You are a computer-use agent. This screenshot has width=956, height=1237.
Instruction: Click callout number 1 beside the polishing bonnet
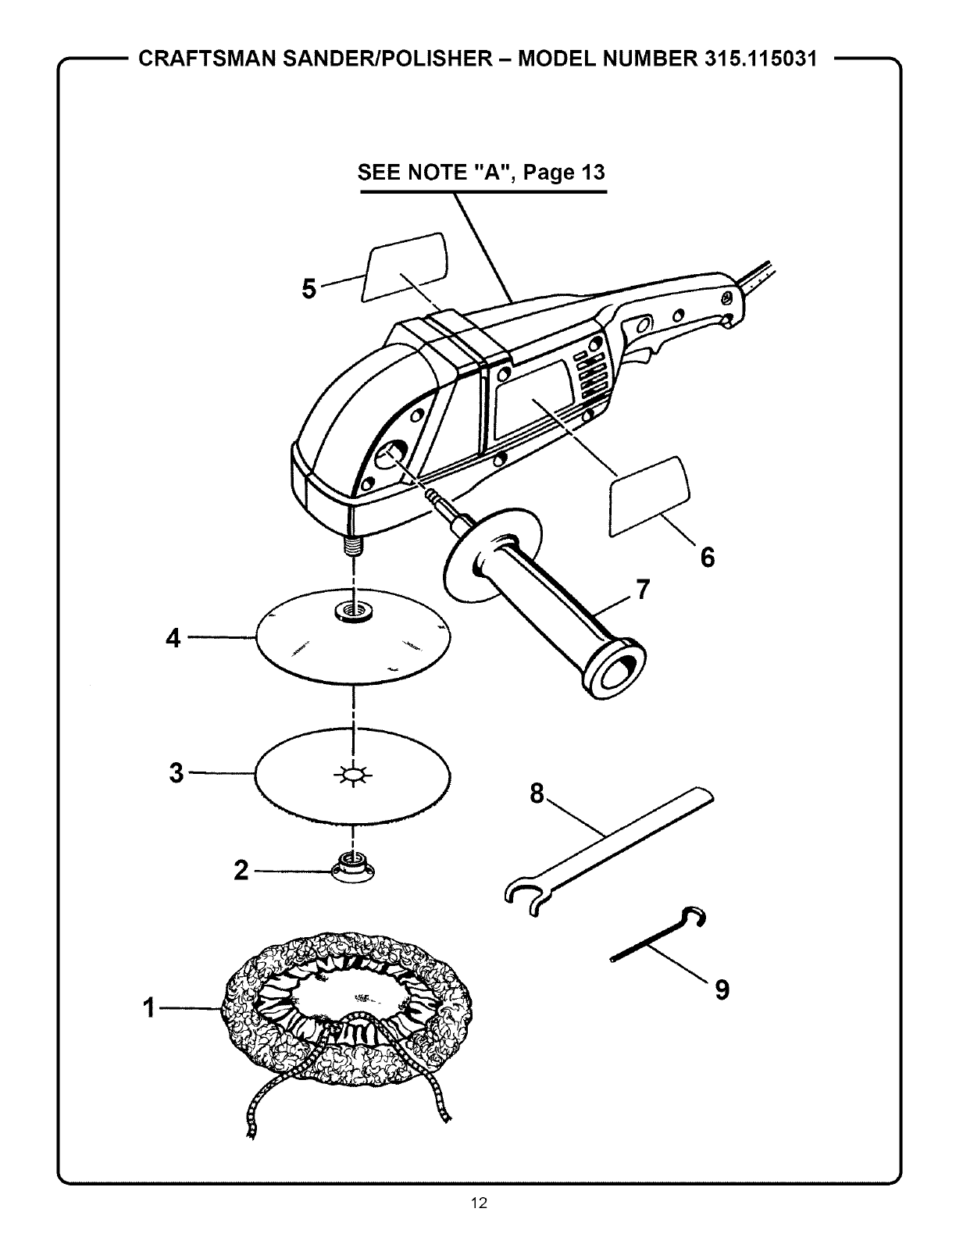149,1010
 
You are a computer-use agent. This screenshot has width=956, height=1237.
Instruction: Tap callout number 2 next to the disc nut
241,870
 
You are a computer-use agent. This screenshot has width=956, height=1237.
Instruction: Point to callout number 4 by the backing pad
173,638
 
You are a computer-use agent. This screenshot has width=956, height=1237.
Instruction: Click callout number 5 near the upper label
310,289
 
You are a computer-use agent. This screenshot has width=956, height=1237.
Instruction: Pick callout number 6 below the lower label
707,558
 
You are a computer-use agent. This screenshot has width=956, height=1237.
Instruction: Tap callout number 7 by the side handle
642,590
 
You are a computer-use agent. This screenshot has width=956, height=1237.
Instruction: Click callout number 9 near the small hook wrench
722,990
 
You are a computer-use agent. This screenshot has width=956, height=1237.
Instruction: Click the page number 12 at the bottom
479,1203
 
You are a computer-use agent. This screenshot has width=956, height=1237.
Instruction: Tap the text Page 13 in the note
564,172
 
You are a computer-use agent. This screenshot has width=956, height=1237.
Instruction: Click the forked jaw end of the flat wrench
521,898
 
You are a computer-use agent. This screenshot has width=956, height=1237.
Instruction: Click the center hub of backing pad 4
353,611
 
